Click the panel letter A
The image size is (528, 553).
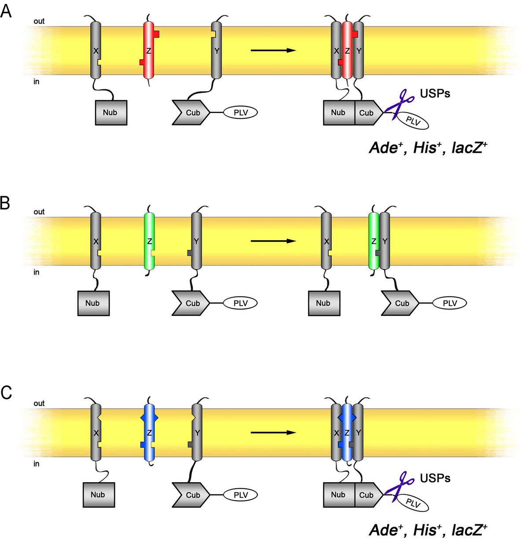point(6,11)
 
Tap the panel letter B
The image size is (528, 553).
point(5,203)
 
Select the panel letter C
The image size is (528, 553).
point(6,393)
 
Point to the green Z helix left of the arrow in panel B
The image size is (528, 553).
point(150,241)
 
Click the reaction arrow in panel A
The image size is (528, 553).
point(273,50)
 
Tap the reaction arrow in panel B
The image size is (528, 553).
point(273,241)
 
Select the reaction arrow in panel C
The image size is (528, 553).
point(273,432)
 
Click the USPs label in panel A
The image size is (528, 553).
point(435,93)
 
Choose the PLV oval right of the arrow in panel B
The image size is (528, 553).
point(450,303)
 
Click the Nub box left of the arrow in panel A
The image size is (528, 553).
point(111,113)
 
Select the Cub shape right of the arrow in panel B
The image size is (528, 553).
point(400,303)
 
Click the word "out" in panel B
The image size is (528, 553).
point(39,212)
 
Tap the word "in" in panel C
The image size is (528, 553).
point(36,464)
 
